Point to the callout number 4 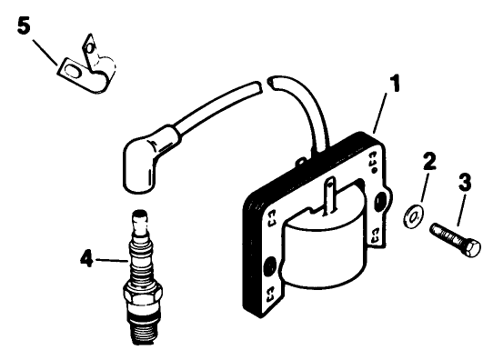(86, 258)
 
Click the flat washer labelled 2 (411, 215)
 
